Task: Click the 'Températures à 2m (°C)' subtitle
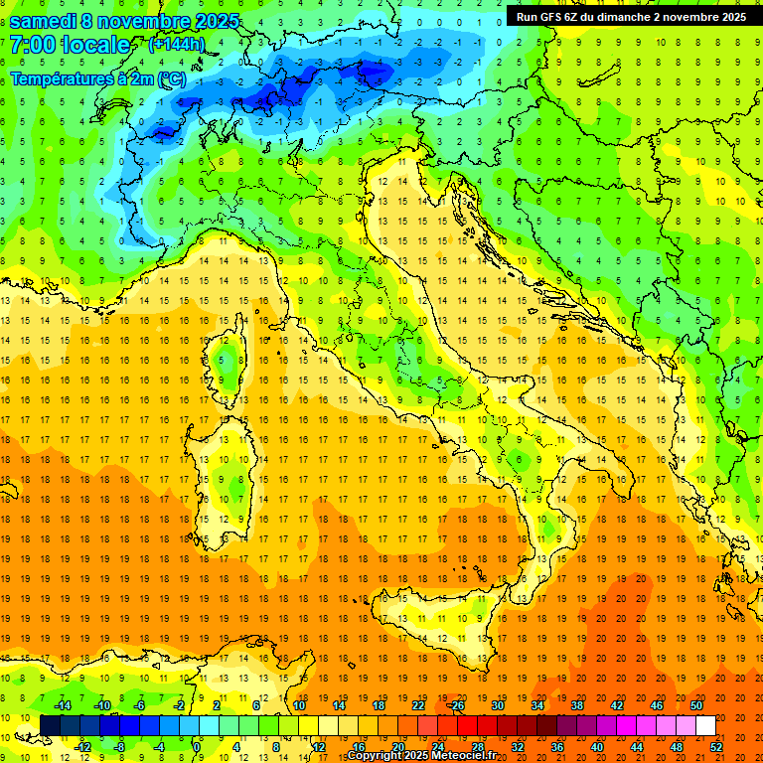tap(97, 78)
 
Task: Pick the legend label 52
tap(716, 746)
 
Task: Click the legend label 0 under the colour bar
tap(197, 746)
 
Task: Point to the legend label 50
tap(696, 705)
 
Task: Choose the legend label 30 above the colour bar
tap(498, 705)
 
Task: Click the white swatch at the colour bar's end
tap(705, 725)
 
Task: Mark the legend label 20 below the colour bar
tap(398, 746)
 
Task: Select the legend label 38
tap(577, 705)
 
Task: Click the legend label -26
tap(456, 705)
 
